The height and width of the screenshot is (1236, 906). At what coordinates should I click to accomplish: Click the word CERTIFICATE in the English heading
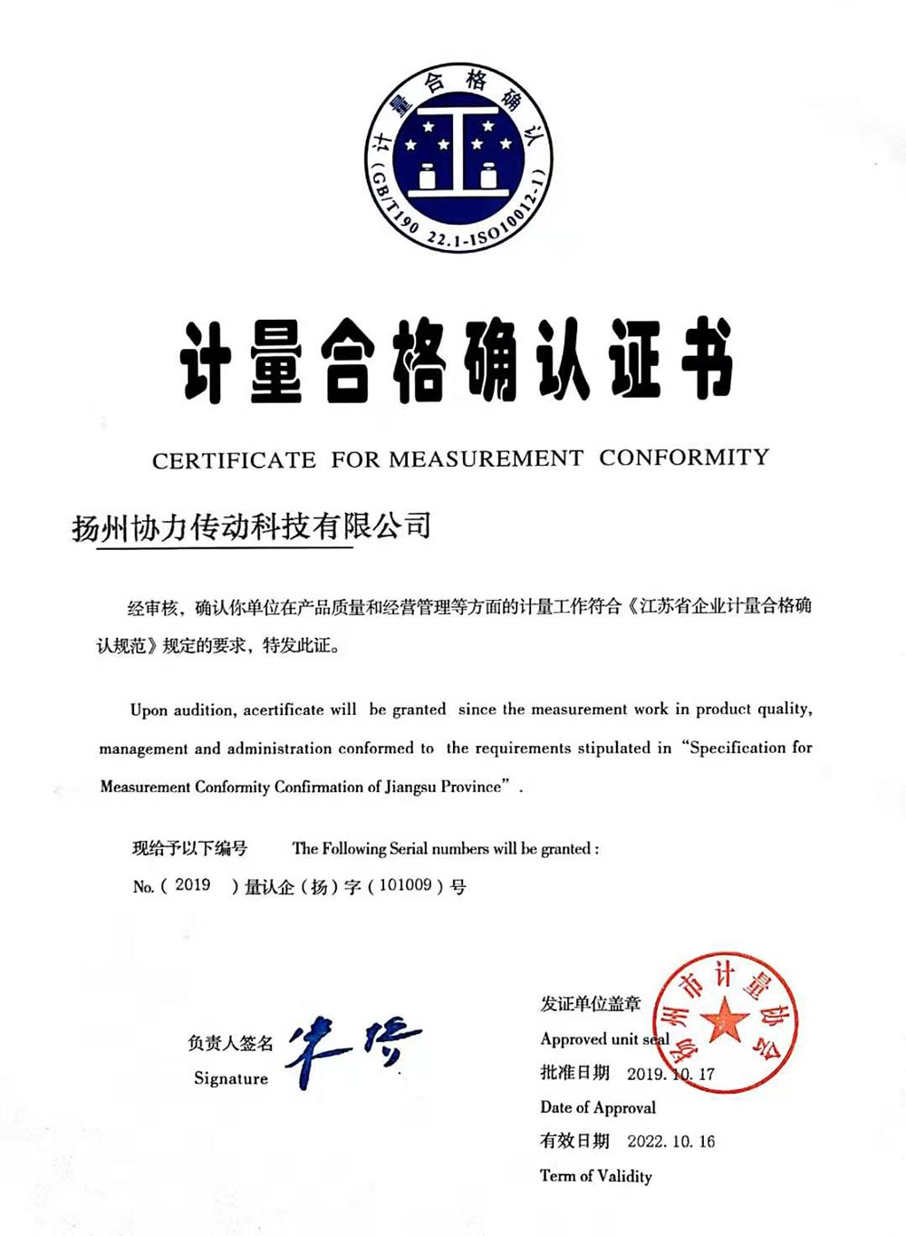(x=234, y=460)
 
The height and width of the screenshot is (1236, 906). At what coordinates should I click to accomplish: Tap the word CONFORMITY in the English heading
(x=684, y=458)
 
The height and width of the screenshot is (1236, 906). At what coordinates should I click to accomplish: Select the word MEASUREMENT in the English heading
(x=486, y=459)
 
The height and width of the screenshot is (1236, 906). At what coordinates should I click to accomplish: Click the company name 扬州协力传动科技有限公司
(x=252, y=526)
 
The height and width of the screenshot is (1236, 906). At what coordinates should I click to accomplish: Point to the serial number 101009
(x=405, y=884)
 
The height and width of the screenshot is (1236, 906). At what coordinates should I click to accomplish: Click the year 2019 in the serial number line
(x=192, y=884)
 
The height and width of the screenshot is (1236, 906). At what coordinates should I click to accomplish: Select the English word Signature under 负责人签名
(x=231, y=1078)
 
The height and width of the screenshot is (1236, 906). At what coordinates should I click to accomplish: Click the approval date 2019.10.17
(x=670, y=1074)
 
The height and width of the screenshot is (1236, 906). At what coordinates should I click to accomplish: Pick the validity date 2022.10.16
(x=670, y=1142)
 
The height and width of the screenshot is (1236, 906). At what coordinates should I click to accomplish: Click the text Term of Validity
(x=596, y=1176)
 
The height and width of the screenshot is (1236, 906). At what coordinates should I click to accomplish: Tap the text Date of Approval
(x=598, y=1107)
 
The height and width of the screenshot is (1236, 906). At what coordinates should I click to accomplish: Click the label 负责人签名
(x=230, y=1044)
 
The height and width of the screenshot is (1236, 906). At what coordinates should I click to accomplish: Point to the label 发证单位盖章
(x=591, y=1004)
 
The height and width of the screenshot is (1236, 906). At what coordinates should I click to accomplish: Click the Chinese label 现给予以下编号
(x=189, y=848)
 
